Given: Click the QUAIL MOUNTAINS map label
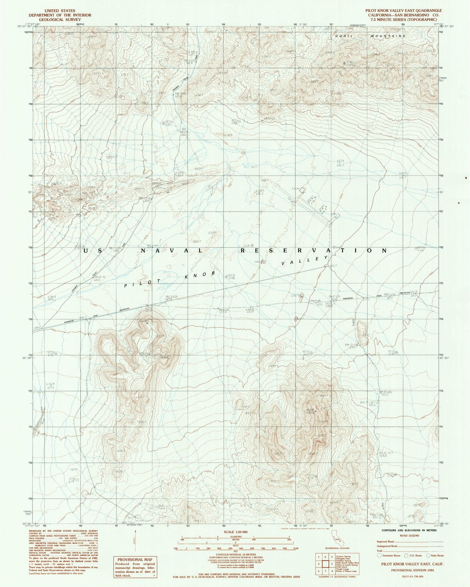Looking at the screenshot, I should coord(370,36).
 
